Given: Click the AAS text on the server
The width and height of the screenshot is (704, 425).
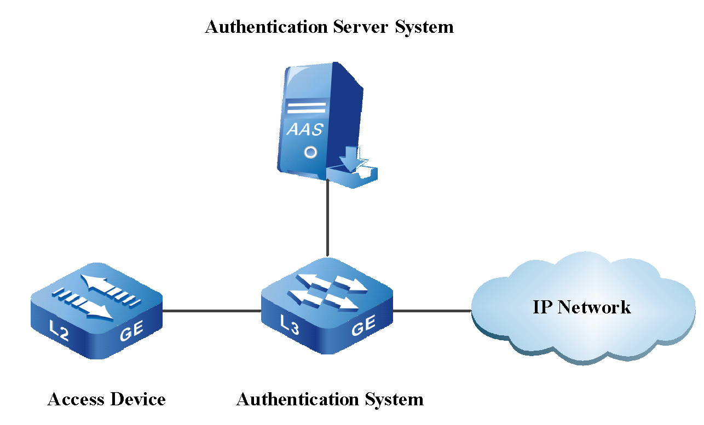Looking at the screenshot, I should (305, 130).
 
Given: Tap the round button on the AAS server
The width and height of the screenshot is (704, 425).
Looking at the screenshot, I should (310, 152).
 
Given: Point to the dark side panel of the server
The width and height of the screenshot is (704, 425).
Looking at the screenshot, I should (345, 109).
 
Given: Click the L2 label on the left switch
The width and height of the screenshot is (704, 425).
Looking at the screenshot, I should (59, 331).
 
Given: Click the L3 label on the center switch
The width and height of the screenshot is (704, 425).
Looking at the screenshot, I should (290, 323).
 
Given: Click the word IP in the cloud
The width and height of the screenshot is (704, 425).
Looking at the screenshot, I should (541, 307).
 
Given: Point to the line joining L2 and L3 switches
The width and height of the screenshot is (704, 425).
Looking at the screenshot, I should (212, 311).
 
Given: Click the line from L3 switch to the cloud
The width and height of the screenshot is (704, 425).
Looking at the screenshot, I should (432, 311).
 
